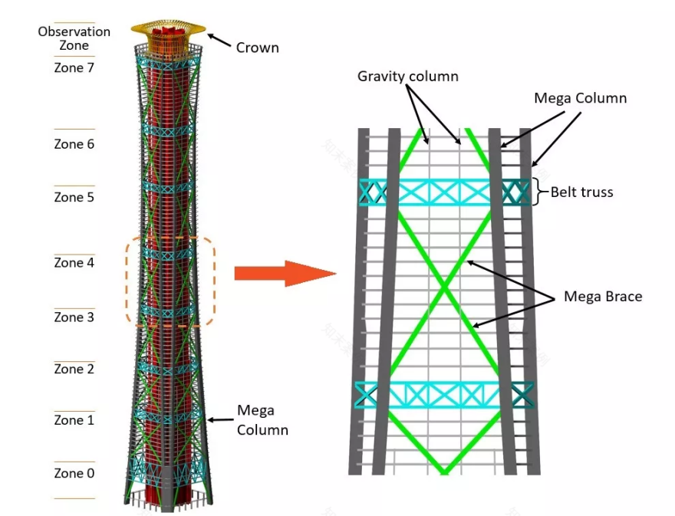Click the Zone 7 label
(74, 67)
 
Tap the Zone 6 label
(74, 144)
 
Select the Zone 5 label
(74, 197)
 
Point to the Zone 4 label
(74, 263)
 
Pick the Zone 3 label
(74, 317)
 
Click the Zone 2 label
(74, 370)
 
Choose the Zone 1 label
(74, 420)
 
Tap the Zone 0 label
(74, 473)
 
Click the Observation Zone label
(74, 38)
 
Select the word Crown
(258, 48)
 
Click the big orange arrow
(285, 273)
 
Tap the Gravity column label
(408, 77)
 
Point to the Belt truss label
(582, 192)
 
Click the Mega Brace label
(603, 296)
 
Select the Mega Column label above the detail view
(580, 98)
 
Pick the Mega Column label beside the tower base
(262, 421)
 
